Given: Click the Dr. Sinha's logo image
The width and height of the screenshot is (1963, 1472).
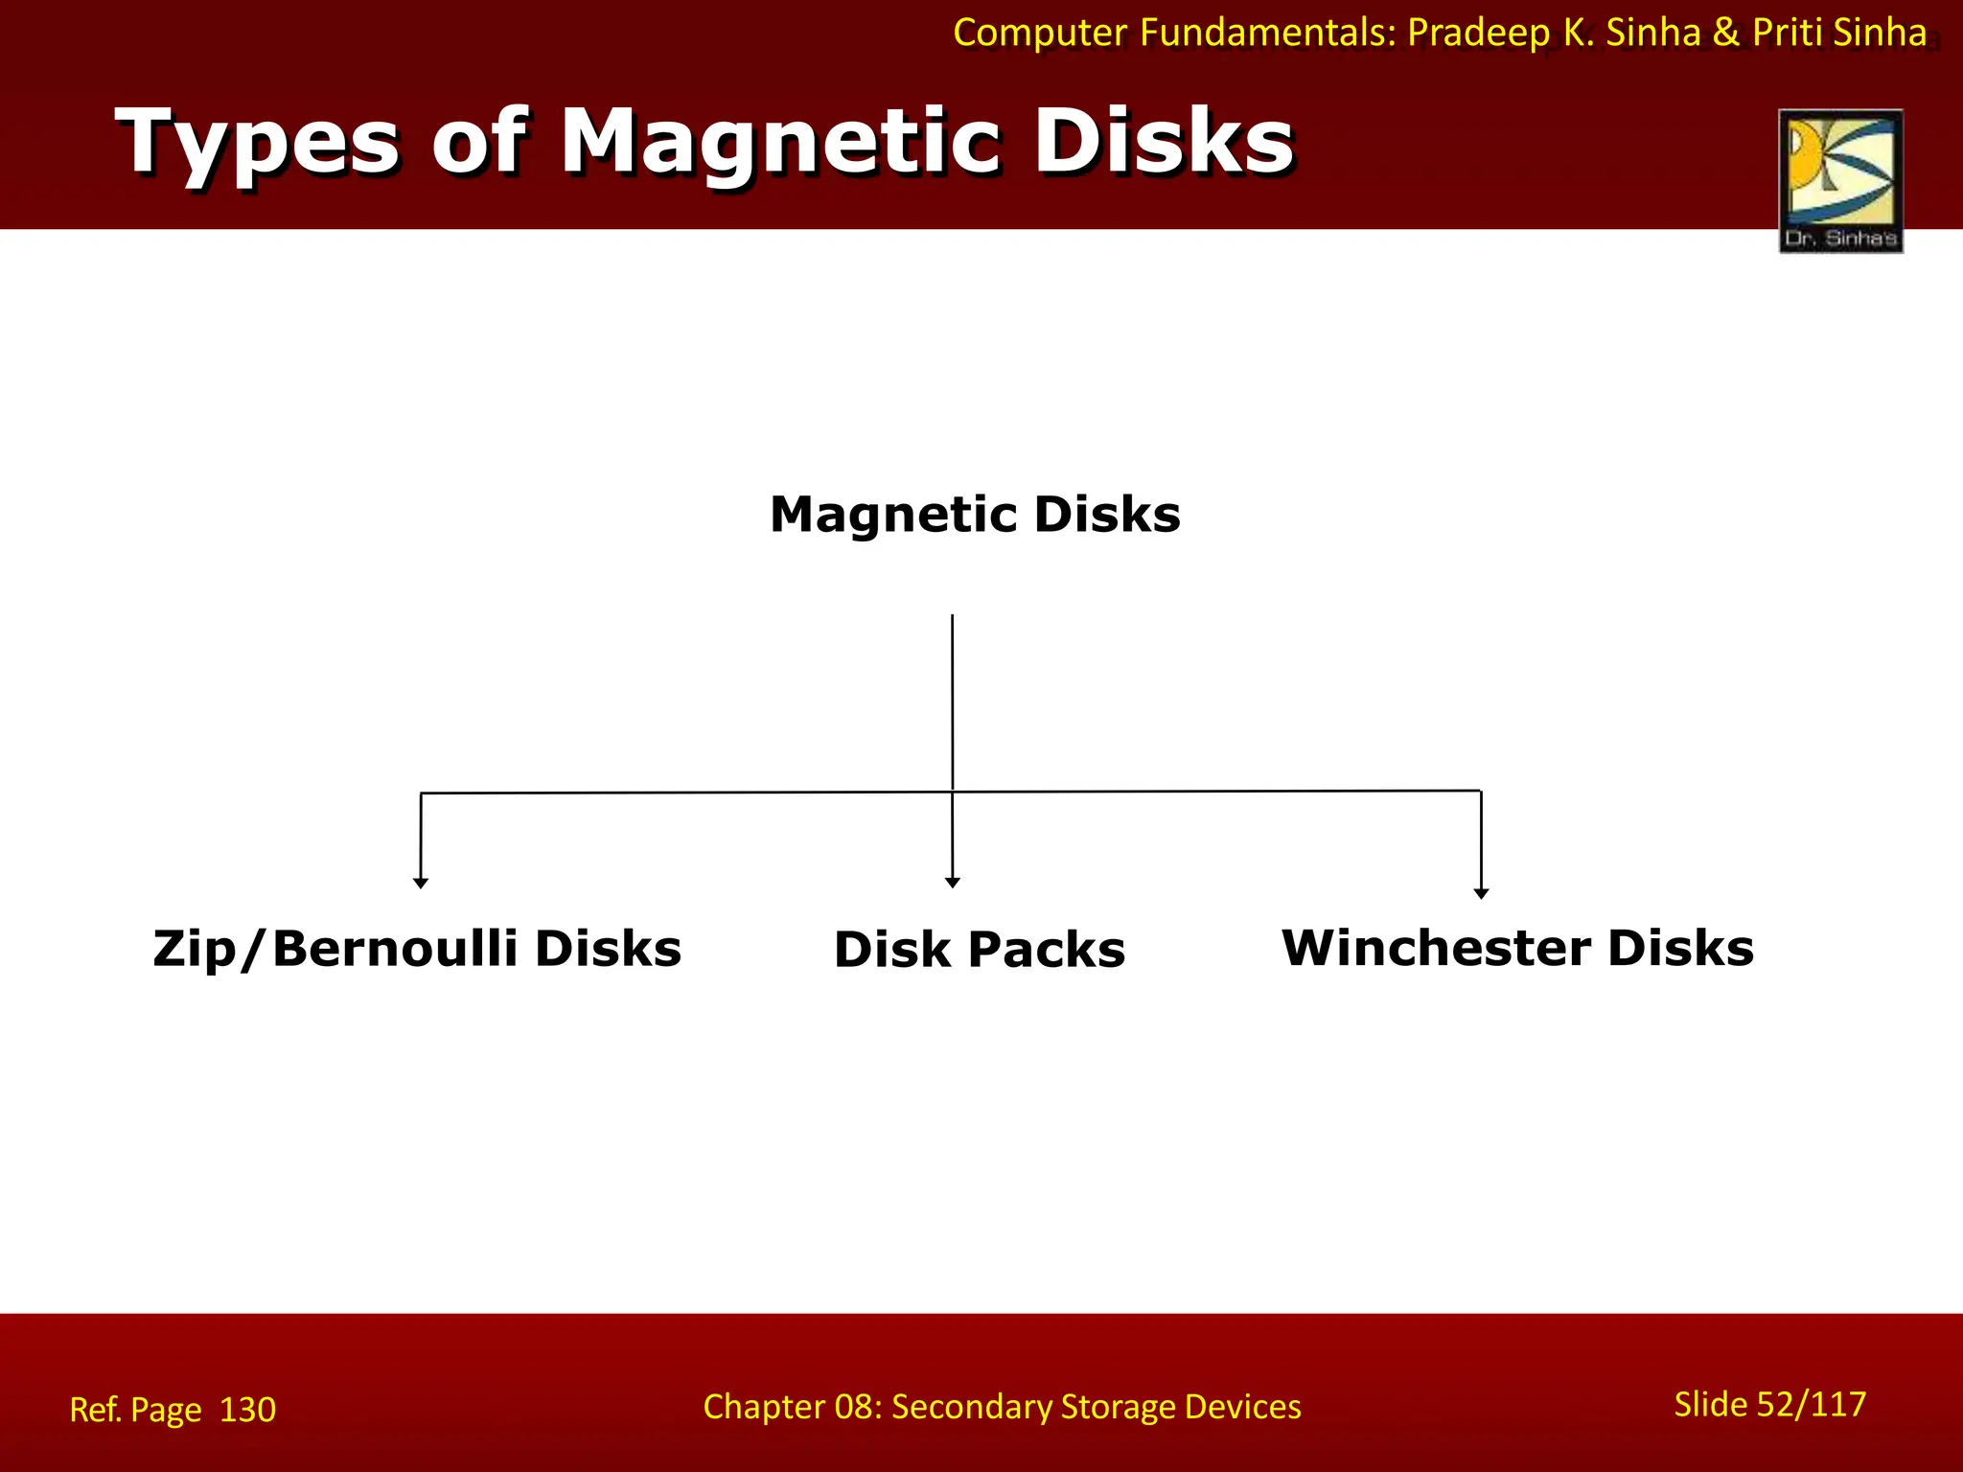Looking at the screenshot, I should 1840,180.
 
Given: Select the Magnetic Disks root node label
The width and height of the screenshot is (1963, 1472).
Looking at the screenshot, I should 975,515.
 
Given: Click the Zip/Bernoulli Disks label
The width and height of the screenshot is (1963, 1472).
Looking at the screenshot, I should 417,949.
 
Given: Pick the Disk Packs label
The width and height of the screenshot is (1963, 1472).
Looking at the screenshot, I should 979,950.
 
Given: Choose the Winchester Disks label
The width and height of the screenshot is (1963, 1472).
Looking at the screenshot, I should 1517,948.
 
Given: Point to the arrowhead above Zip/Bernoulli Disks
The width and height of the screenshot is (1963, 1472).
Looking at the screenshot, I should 420,883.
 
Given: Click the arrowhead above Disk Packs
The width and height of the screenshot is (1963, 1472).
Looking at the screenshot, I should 952,882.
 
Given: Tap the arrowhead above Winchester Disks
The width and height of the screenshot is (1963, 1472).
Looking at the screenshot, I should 1481,892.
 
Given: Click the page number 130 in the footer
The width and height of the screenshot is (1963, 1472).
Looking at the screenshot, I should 247,1410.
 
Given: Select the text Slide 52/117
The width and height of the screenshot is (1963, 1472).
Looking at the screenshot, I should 1769,1404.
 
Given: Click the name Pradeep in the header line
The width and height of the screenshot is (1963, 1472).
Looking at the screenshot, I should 1478,33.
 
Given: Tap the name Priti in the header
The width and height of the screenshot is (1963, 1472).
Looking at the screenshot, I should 1788,33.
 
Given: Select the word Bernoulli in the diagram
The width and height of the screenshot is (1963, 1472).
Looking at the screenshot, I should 395,949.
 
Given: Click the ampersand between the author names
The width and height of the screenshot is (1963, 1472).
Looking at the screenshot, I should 1725,33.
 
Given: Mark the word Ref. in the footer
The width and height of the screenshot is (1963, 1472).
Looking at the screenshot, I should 95,1410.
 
